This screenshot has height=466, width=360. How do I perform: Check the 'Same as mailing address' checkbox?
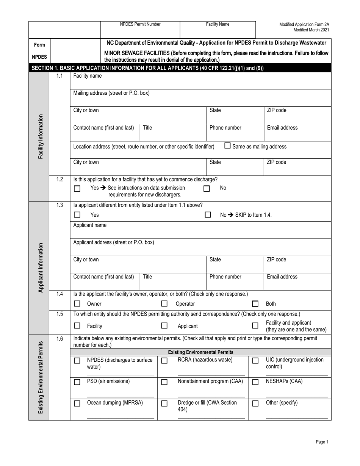coord(227,145)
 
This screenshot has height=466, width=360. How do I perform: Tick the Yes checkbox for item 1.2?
coord(77,188)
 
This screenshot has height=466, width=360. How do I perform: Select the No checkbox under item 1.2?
coord(207,188)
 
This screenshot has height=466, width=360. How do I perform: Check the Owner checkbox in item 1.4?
coord(77,303)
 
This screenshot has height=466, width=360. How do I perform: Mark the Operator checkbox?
coord(164,303)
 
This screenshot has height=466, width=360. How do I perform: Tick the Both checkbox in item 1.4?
coord(255,303)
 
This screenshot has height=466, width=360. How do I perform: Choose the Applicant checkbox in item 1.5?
coord(164,325)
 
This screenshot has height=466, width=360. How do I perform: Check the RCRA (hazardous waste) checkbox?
coord(164,361)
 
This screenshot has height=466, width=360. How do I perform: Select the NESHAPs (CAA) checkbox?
coord(255,382)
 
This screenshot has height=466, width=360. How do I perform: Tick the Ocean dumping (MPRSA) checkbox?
coord(77,403)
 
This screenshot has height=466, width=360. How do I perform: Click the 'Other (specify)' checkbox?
coord(255,403)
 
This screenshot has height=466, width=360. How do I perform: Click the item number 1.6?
coord(59,339)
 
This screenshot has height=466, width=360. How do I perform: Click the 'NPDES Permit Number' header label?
coord(140,24)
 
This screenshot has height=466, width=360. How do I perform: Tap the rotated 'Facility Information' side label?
coord(41,136)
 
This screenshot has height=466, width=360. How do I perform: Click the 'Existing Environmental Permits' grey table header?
coord(200,352)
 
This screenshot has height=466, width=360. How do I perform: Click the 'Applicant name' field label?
coord(90,225)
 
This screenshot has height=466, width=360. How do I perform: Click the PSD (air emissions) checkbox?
coord(77,382)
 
